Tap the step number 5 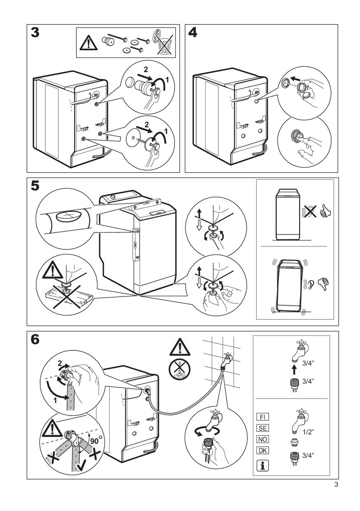35,186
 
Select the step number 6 36,340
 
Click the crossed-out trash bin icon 164,42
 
